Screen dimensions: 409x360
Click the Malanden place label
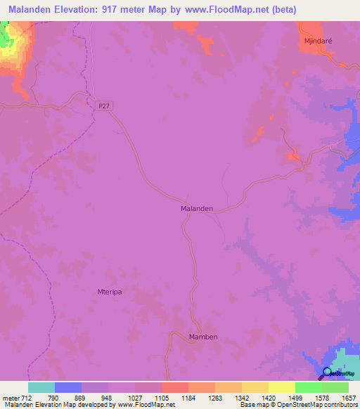coord(197,209)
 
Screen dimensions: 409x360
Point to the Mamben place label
coord(203,337)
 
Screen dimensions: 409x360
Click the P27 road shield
coord(104,105)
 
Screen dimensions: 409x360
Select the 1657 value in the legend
coord(349,397)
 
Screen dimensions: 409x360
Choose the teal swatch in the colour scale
coord(41,387)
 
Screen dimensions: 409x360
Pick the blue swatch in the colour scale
coord(68,387)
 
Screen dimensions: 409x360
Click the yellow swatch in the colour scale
coord(282,387)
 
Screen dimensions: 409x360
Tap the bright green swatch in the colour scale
coord(309,387)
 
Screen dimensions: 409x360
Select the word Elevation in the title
coord(78,10)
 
